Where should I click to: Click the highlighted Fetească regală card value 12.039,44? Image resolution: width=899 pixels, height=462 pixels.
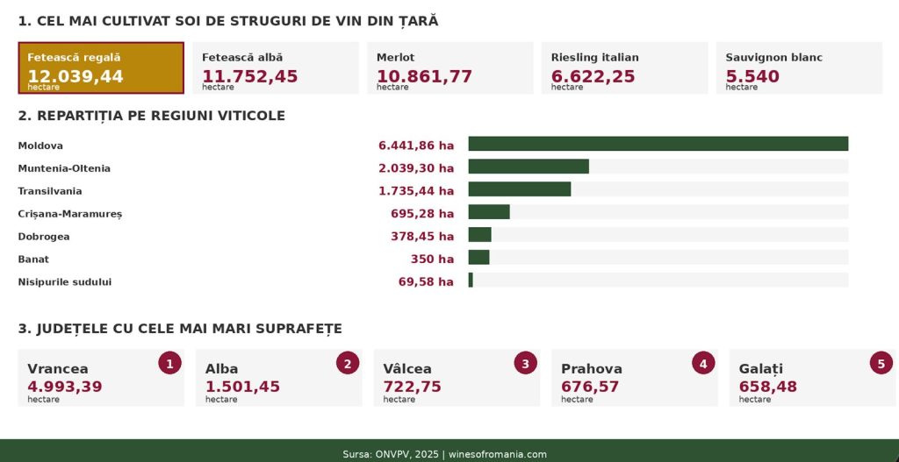76,76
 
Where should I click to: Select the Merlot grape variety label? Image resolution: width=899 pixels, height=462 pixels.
395,58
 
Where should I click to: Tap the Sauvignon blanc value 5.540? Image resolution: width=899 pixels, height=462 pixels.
752,76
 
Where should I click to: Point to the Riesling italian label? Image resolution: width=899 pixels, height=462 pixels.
594,58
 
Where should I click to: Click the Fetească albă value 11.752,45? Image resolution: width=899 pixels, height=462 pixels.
250,76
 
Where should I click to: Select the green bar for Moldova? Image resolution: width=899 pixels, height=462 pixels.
658,144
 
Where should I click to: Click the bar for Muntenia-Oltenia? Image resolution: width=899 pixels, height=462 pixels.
528,167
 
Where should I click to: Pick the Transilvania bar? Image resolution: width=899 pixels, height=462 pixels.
519,189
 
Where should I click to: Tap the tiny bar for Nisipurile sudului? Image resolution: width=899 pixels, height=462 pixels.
471,281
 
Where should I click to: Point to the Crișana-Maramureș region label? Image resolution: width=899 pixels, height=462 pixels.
70,214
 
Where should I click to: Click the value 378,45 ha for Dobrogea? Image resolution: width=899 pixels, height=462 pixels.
422,237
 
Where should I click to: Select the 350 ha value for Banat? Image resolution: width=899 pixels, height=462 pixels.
432,259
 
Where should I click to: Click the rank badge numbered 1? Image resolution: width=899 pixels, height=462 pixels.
169,363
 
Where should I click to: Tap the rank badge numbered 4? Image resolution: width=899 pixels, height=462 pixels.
703,363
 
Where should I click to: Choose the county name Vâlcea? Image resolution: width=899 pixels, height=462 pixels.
407,369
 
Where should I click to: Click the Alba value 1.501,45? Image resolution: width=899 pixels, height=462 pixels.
242,387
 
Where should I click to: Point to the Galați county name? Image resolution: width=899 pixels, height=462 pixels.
760,369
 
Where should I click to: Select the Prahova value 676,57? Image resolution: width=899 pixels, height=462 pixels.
590,387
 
